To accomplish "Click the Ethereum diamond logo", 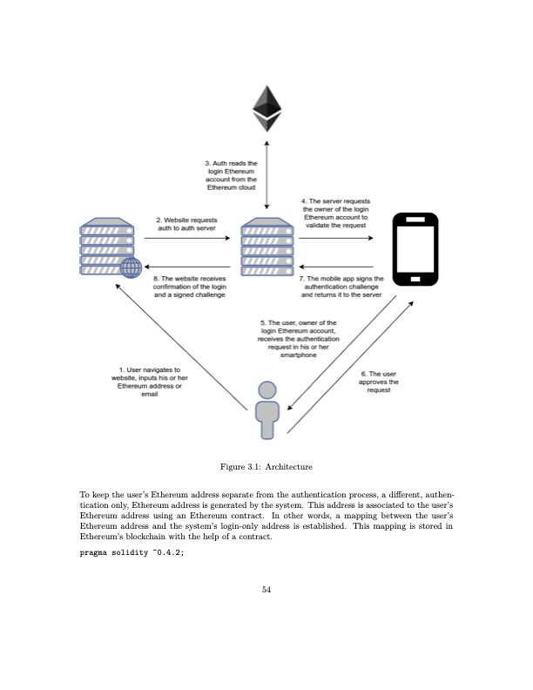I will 267,108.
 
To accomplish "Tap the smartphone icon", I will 415,248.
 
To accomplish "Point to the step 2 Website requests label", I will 186,224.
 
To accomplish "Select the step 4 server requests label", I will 335,213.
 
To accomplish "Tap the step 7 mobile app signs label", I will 341,287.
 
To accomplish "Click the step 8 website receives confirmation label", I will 190,287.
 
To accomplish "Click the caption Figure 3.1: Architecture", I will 266,468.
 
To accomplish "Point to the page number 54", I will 266,590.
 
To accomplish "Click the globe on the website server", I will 131,267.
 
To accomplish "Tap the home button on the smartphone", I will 415,280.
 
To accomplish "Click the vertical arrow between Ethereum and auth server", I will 267,174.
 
